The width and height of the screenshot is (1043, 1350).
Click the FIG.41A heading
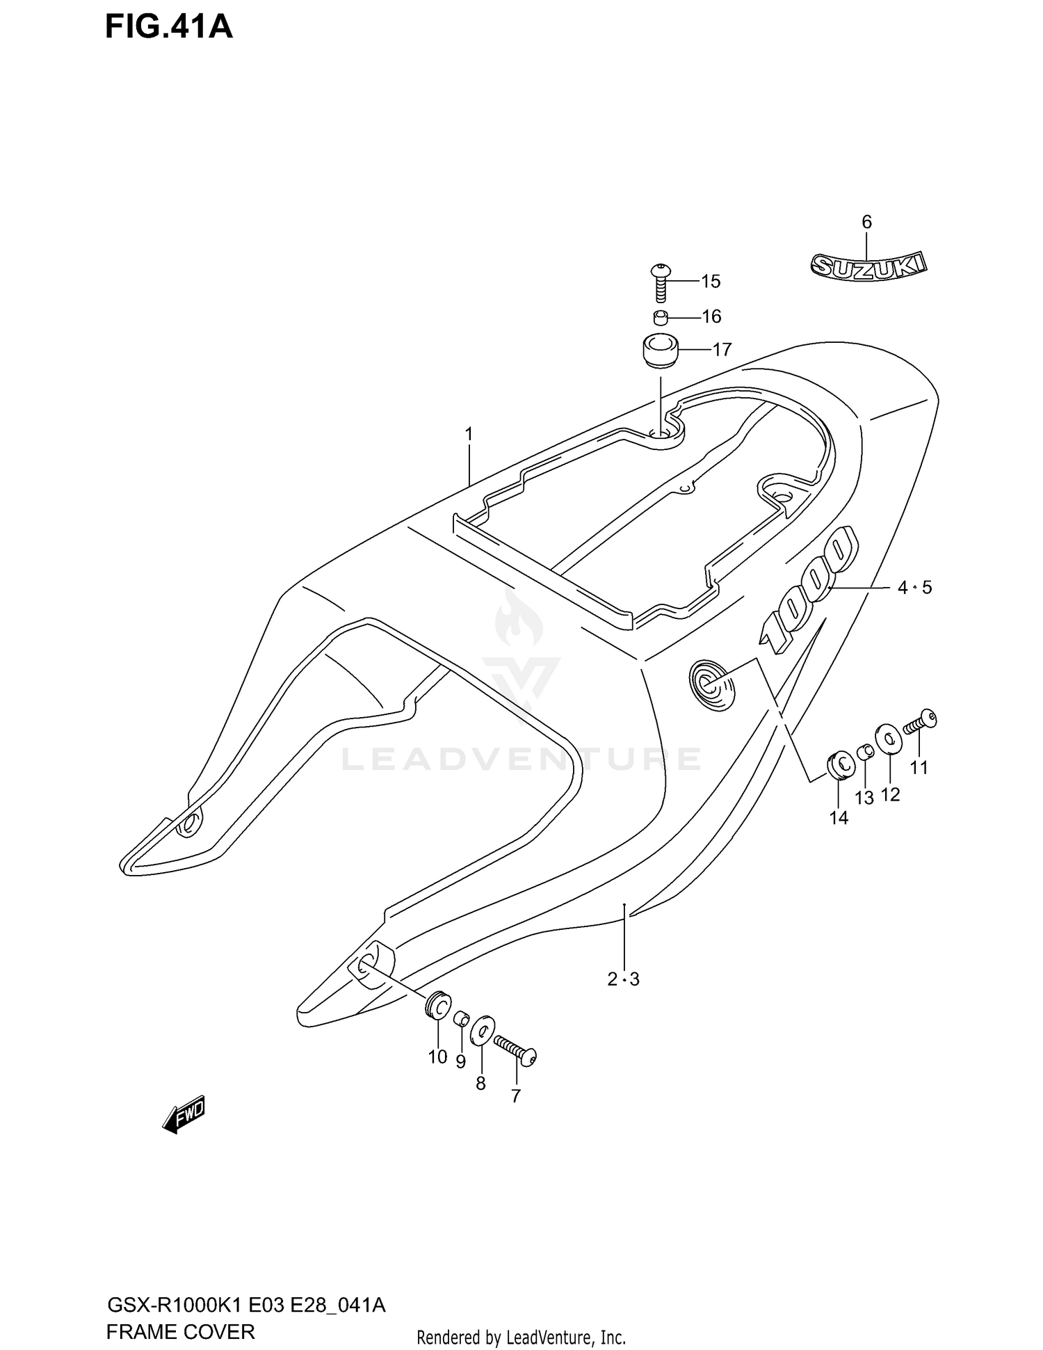pos(169,29)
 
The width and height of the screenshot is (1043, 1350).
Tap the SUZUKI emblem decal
pos(868,265)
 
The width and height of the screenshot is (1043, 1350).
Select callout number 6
pos(866,223)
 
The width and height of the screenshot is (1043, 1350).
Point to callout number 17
pos(722,349)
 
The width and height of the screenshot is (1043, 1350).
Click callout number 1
pos(469,435)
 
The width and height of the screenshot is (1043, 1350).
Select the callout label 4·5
pos(914,588)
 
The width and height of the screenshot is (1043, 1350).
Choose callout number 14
pos(839,818)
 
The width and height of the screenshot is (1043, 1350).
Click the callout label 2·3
pos(623,979)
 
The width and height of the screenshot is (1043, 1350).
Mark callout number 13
pos(864,798)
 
